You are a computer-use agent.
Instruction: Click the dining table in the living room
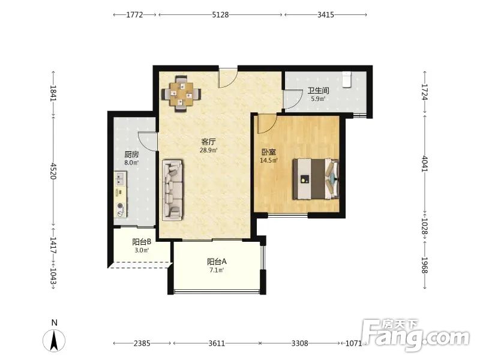tap(182, 94)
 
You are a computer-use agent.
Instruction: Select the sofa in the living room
tap(173, 190)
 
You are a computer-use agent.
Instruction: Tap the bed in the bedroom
tap(316, 179)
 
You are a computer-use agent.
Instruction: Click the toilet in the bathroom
tap(347, 80)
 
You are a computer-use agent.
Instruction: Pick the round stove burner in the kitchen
tap(121, 206)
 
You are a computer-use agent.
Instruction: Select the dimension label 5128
tap(220, 14)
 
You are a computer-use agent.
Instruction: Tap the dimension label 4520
tap(53, 171)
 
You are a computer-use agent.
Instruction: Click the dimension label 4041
tap(425, 164)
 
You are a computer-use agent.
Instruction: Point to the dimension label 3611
tap(217, 343)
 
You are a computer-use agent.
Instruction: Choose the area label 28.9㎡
tap(208, 151)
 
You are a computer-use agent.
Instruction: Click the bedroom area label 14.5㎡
tap(268, 160)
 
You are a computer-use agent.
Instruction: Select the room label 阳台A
tap(217, 262)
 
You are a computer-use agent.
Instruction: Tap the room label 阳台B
tap(142, 242)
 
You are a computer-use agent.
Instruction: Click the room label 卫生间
tap(319, 91)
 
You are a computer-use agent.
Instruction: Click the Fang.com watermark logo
tap(415, 335)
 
